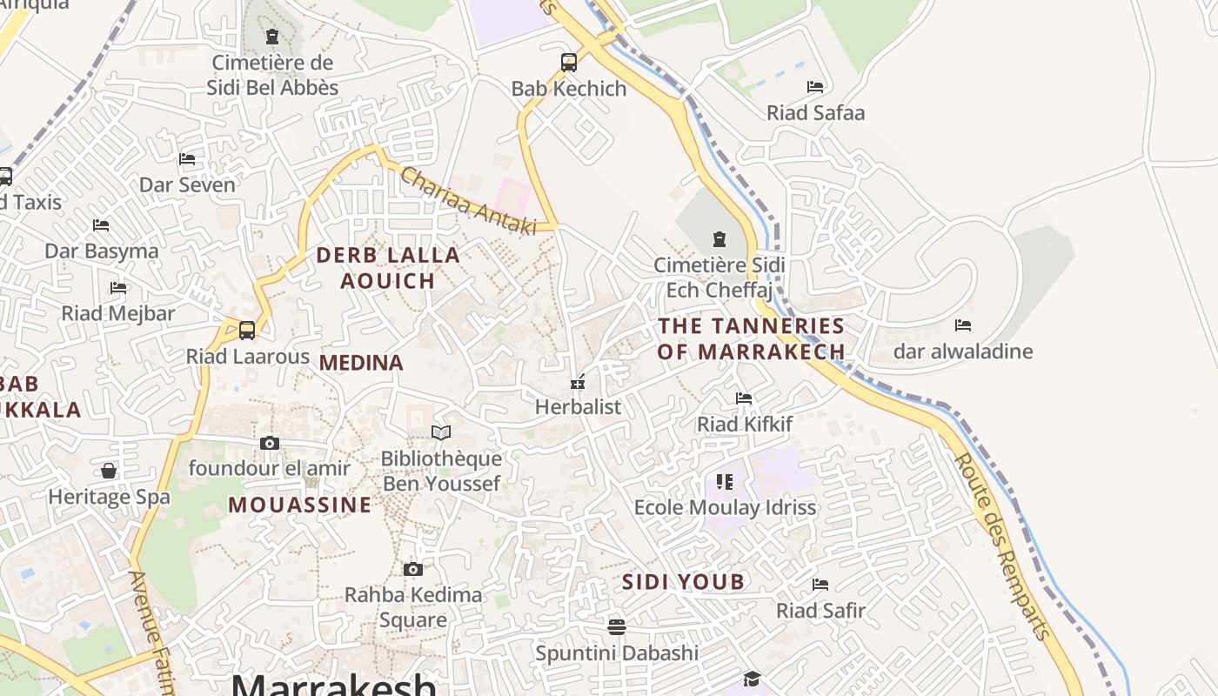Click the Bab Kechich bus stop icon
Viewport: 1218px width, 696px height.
click(569, 63)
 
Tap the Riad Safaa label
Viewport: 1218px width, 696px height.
click(815, 113)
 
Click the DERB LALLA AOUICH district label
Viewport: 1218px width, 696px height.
click(388, 268)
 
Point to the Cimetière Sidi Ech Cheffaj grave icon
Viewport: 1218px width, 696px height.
click(719, 238)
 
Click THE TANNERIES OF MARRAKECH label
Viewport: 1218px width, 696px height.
click(751, 338)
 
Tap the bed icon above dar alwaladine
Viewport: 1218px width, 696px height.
click(962, 325)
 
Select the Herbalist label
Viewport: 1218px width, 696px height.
click(578, 406)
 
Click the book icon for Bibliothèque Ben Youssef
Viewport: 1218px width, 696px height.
click(441, 432)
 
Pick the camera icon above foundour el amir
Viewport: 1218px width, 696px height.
click(270, 443)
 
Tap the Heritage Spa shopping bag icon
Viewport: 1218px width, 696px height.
click(109, 471)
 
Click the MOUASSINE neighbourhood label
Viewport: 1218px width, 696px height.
click(300, 505)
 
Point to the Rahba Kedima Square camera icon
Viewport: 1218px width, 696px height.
click(413, 569)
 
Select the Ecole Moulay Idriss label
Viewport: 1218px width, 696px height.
click(725, 507)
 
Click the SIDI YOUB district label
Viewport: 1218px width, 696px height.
click(683, 582)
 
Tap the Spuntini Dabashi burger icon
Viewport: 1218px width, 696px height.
click(617, 626)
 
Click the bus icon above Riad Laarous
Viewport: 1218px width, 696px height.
click(247, 331)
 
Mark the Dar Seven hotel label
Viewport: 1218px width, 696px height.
click(187, 184)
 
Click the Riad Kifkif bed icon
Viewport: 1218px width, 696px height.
click(744, 398)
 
